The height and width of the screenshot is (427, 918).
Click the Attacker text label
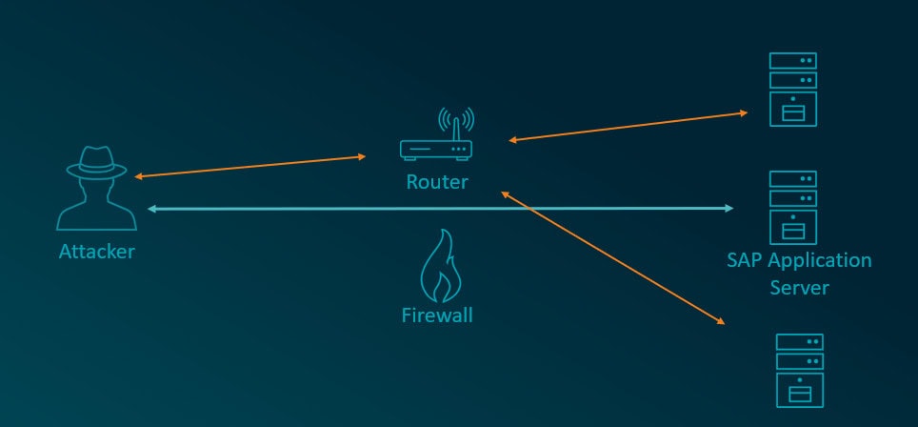coord(97,253)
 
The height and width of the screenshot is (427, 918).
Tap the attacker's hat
coord(95,159)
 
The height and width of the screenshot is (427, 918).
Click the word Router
coord(437,181)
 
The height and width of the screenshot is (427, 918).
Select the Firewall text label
coord(436,314)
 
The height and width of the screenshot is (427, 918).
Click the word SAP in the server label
coord(744,260)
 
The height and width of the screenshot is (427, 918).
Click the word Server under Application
coord(799,287)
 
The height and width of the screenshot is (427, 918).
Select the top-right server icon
coord(792,90)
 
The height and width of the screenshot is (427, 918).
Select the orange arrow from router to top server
coord(629,127)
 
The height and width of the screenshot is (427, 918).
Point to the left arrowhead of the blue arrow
coord(151,208)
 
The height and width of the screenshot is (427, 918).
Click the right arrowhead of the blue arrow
coord(728,208)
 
